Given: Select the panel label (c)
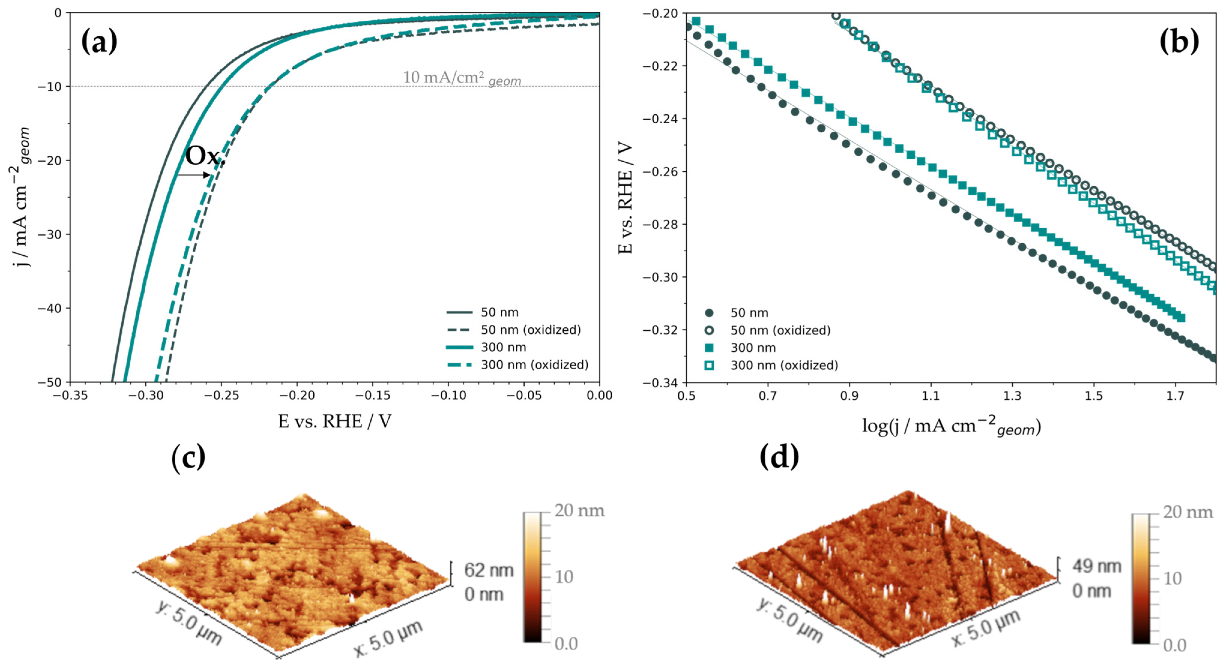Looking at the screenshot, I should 188,457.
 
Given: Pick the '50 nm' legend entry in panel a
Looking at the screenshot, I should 499,312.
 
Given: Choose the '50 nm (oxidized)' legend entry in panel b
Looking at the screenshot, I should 780,330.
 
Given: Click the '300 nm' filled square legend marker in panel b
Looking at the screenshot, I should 709,348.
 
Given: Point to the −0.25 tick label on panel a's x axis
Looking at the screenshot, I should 222,395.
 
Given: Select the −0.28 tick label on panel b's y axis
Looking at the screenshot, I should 660,224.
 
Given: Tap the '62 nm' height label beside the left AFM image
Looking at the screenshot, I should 489,570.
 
